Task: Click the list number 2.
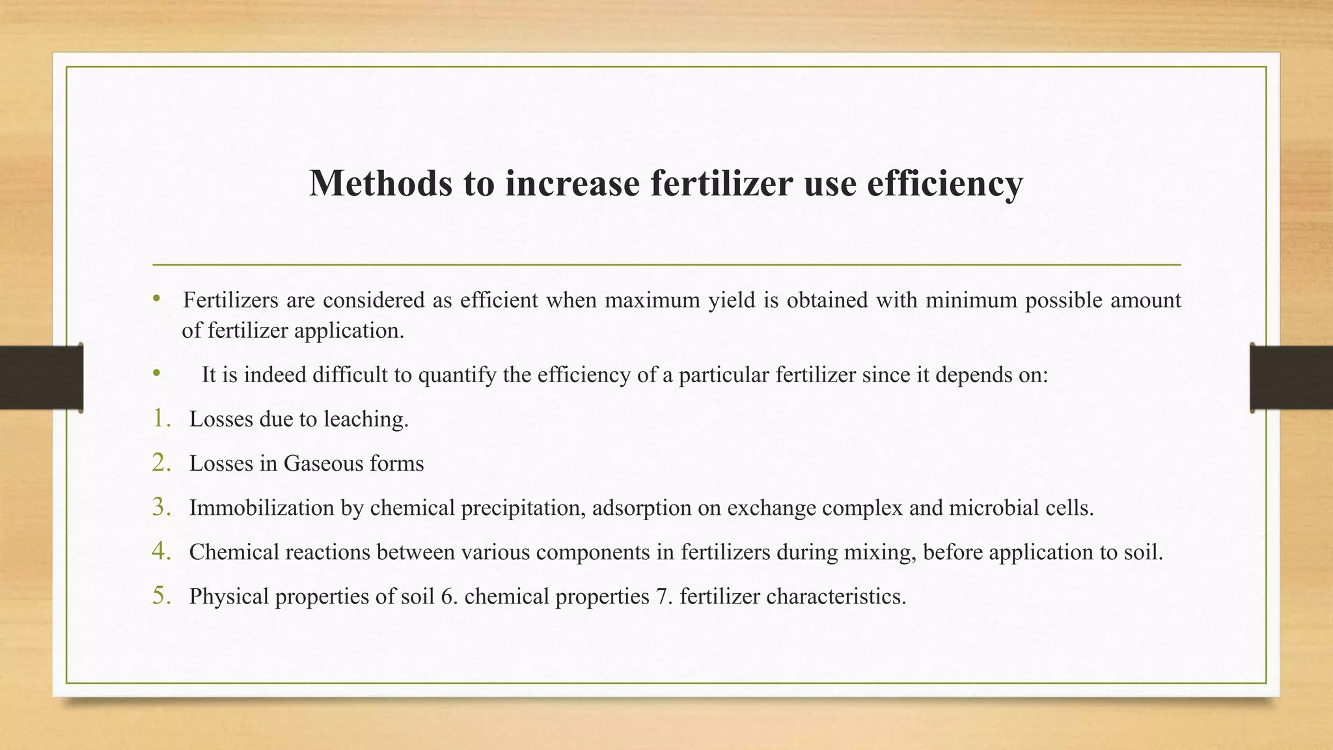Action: click(x=161, y=463)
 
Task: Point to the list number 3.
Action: click(x=161, y=507)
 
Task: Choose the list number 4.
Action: click(x=161, y=551)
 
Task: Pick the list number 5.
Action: click(x=161, y=596)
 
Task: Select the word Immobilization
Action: click(x=262, y=508)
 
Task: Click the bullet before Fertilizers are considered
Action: click(x=156, y=299)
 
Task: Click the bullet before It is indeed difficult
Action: click(x=156, y=374)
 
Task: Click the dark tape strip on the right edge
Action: click(x=1291, y=378)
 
